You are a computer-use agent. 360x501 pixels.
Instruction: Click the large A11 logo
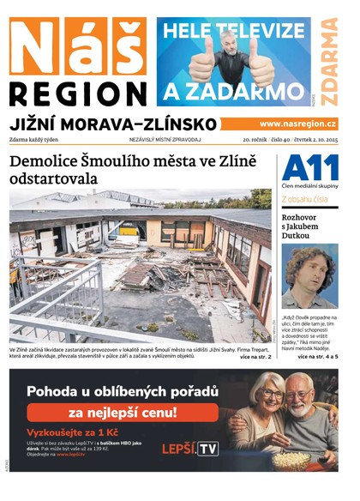click(x=309, y=167)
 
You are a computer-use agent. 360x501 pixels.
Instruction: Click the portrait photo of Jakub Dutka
click(x=309, y=275)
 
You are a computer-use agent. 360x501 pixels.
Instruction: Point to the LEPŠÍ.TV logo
click(x=190, y=449)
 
